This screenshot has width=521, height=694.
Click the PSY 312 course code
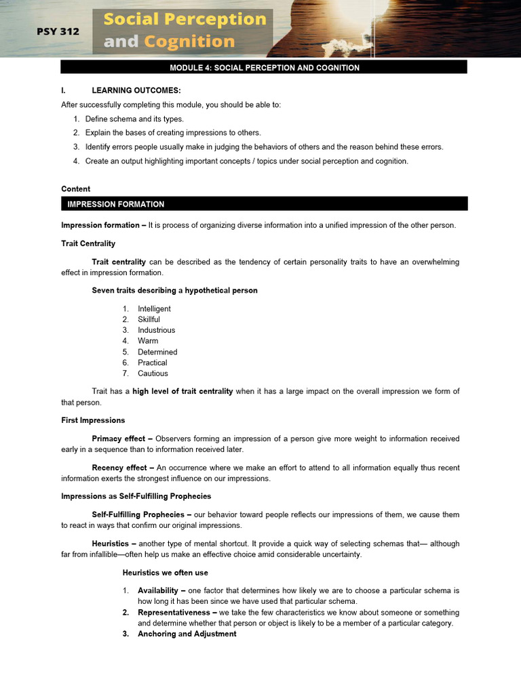click(x=58, y=31)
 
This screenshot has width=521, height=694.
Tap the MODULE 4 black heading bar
click(x=264, y=68)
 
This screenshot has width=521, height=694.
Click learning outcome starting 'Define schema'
click(x=134, y=119)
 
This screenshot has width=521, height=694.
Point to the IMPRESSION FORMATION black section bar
click(x=264, y=204)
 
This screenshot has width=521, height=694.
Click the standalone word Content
click(x=75, y=189)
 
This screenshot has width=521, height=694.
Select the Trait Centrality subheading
click(x=88, y=243)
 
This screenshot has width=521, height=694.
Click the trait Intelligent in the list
click(x=154, y=309)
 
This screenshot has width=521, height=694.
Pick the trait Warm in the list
click(x=148, y=341)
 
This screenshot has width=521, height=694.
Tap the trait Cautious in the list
click(x=153, y=373)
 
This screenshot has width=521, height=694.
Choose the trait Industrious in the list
click(x=156, y=330)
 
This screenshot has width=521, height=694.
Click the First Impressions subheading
click(x=93, y=420)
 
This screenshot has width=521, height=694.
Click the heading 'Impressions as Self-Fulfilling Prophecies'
click(x=136, y=496)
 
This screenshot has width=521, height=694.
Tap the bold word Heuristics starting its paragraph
click(x=113, y=544)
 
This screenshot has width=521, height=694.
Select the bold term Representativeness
click(x=176, y=612)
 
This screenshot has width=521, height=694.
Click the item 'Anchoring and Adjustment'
click(x=187, y=634)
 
